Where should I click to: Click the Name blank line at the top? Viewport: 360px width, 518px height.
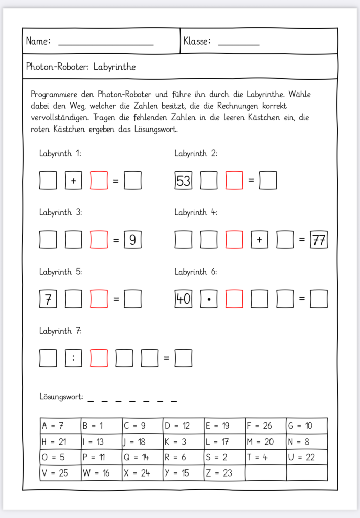[x=106, y=44]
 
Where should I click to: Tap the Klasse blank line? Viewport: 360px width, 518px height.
[x=239, y=44]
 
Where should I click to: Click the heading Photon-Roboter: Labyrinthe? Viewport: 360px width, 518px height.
[x=81, y=67]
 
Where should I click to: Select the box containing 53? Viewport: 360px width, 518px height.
[x=183, y=181]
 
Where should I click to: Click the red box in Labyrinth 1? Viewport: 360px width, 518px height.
[x=99, y=181]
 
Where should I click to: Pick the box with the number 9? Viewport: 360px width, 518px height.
[x=132, y=240]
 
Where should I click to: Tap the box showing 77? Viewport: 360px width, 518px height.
[x=319, y=240]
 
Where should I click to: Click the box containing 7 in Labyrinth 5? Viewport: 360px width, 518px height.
[x=48, y=299]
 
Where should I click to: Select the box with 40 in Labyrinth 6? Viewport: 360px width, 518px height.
[x=183, y=299]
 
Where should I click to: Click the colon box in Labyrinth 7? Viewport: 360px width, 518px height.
[x=73, y=358]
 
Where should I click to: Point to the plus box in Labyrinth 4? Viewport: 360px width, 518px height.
[x=259, y=240]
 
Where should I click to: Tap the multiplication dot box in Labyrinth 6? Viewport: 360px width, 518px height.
[x=208, y=299]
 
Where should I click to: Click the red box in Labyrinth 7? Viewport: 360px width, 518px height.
[x=99, y=358]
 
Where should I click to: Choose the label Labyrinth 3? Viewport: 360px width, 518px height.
[x=61, y=213]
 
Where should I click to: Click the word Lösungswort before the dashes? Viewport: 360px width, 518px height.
[x=61, y=397]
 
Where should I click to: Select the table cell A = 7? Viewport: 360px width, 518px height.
[x=60, y=426]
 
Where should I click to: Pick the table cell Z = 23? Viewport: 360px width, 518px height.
[x=224, y=473]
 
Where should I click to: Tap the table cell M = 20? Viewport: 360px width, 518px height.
[x=265, y=442]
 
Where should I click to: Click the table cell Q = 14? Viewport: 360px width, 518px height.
[x=142, y=457]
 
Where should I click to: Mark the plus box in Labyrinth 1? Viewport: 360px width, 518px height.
[x=73, y=181]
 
